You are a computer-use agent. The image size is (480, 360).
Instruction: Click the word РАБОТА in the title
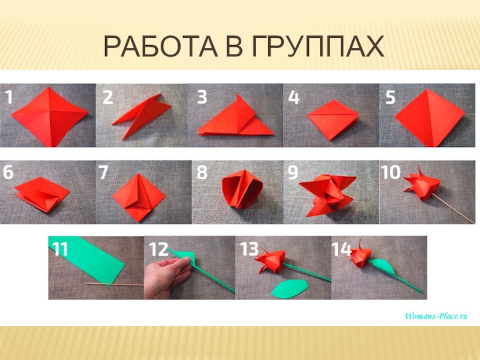[161, 47]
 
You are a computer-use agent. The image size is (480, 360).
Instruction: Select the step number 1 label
[9, 97]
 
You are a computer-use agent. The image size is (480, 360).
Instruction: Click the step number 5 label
[391, 97]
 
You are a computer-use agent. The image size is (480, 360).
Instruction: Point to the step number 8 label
[202, 172]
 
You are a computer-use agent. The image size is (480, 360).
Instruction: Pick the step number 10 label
[391, 172]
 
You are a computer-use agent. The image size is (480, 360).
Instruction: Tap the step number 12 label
[158, 249]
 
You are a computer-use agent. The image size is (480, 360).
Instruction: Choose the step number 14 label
[341, 249]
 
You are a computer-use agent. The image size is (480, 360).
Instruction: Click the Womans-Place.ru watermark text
[436, 316]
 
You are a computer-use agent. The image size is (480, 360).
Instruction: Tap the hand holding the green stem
[164, 277]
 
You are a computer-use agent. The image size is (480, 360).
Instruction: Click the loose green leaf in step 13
[289, 289]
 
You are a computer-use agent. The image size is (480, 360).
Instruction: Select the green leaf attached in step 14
[384, 266]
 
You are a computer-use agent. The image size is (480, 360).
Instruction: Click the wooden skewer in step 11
[114, 284]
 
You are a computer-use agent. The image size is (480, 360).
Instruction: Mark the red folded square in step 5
[430, 118]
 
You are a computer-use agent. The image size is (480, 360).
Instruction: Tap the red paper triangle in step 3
[235, 118]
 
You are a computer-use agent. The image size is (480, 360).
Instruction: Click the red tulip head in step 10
[422, 184]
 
